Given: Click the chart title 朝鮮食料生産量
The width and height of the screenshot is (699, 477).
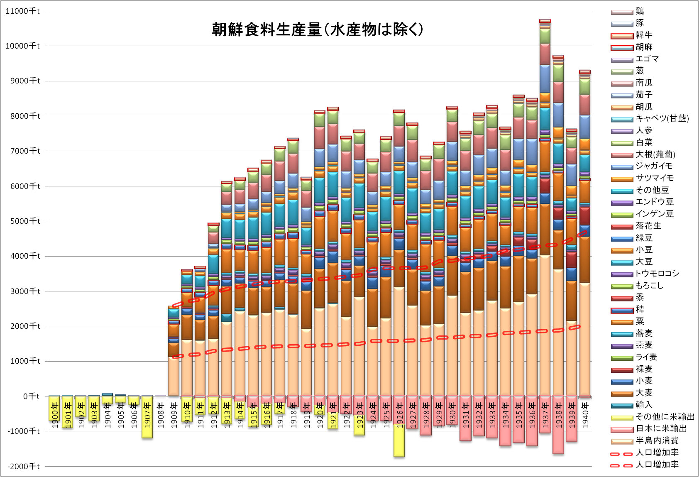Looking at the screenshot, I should point(317,29).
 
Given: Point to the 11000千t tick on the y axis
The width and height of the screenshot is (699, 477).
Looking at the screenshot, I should point(22,11).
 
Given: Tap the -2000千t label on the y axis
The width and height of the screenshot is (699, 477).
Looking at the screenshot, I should point(23,466).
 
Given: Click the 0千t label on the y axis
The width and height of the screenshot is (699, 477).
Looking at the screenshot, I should point(31,396).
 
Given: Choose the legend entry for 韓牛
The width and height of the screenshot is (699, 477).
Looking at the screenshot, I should point(644,35).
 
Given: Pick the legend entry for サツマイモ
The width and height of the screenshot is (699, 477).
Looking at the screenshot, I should point(655,178).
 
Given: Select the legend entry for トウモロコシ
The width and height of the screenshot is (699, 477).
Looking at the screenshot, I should point(657,274).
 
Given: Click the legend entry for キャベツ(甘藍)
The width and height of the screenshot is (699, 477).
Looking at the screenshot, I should point(662,118).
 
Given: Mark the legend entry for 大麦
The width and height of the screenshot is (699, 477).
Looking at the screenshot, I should point(644,393).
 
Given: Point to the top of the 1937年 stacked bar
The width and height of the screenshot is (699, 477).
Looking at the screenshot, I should point(545,21).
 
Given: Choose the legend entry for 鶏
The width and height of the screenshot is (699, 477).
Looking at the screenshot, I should point(640,11).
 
